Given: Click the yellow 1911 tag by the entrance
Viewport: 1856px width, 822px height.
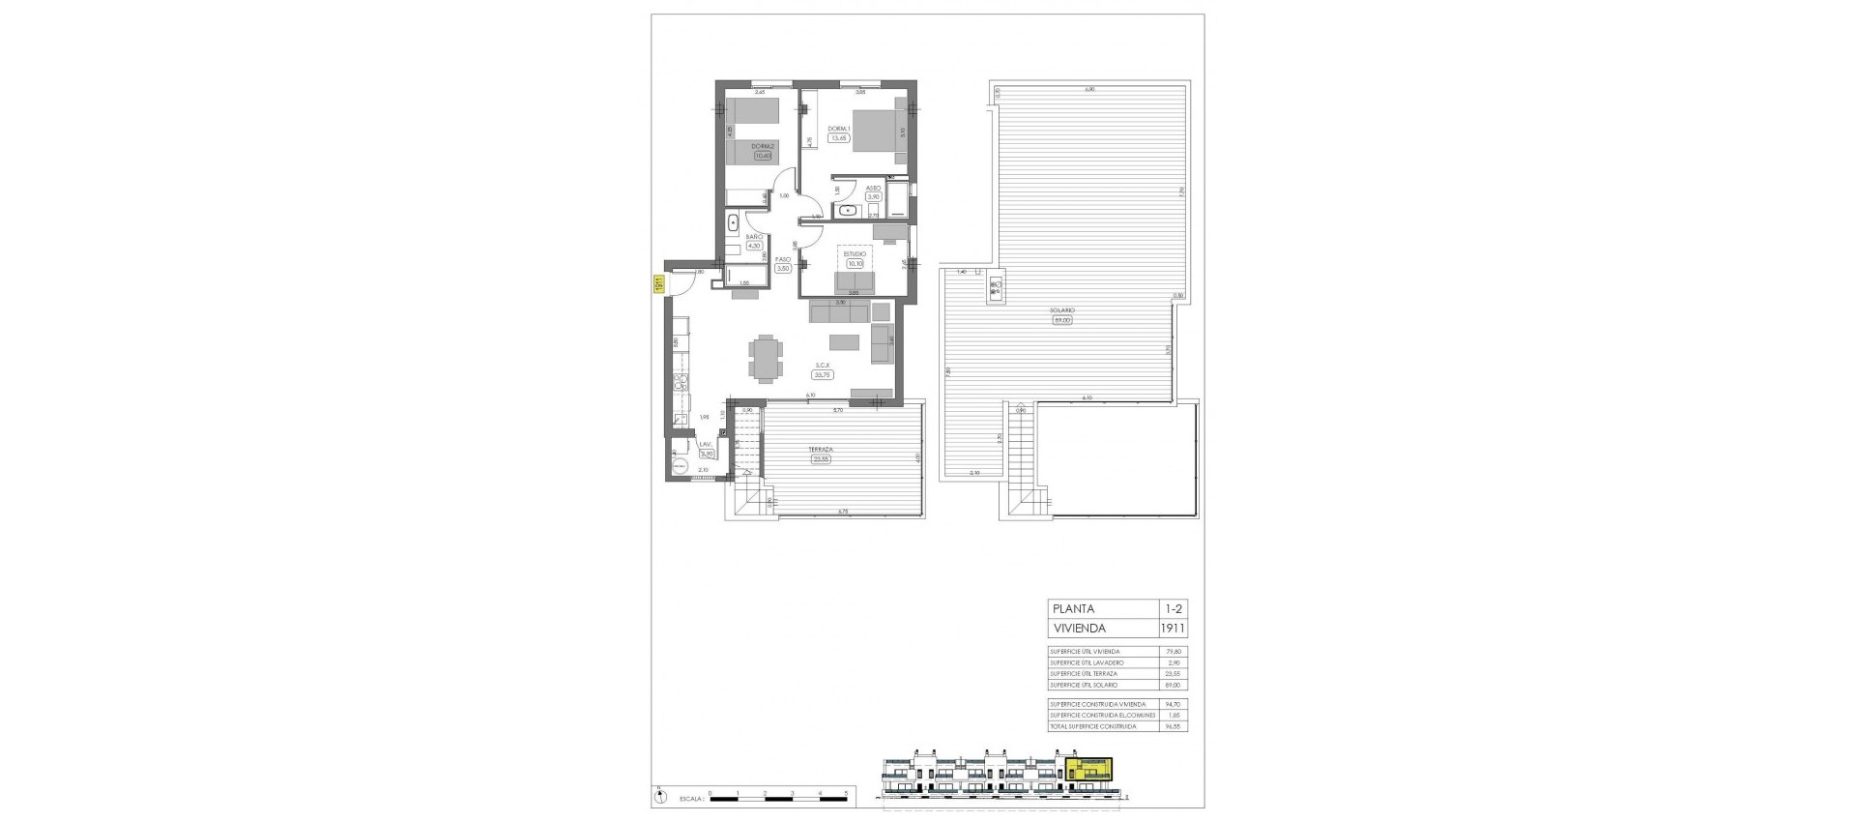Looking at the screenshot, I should tap(657, 284).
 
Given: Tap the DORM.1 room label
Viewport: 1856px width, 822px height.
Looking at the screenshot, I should tap(837, 129).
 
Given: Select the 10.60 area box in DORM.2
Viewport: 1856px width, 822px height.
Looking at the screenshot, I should tap(764, 156).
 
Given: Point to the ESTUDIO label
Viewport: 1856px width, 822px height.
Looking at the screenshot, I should tap(855, 253).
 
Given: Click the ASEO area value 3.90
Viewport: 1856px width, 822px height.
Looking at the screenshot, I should tap(873, 196).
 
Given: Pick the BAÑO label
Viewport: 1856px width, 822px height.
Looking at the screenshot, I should tap(755, 237).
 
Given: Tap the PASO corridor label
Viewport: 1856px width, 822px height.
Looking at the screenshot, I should tap(783, 259).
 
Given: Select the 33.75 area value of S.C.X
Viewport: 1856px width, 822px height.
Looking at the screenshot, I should tap(824, 374).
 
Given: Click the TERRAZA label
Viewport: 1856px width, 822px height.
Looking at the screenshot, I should tap(822, 450).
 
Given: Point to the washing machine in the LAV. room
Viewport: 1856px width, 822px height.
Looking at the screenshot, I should tap(681, 467).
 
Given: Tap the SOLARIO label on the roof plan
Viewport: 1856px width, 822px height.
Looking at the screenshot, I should tap(1062, 310).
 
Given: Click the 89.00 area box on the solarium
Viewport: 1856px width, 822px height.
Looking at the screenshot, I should tap(1062, 320).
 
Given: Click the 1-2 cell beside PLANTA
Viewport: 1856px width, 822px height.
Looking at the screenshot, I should tap(1173, 609).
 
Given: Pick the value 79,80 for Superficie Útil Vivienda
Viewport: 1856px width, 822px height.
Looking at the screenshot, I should tap(1174, 652).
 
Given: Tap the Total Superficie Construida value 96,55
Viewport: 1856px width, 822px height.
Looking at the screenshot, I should tap(1174, 726).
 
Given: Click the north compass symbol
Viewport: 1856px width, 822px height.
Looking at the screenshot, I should tap(660, 798).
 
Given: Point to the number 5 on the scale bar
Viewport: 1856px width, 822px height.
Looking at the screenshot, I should tap(847, 793).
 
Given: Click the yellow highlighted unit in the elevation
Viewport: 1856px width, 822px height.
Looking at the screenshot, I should tap(1089, 771).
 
